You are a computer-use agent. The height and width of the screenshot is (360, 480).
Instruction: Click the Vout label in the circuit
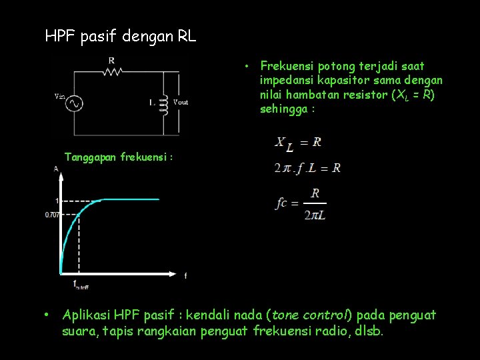[x=180, y=102]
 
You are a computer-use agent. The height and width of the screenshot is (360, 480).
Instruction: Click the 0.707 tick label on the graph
[x=51, y=215]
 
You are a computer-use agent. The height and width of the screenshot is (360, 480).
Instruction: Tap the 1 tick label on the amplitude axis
[x=57, y=199]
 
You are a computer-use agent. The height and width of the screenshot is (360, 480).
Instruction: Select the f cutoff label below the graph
[x=80, y=285]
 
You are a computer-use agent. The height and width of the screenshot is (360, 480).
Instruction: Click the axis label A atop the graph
[x=55, y=169]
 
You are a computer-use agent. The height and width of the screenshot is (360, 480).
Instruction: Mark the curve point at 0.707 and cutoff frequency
[x=79, y=214]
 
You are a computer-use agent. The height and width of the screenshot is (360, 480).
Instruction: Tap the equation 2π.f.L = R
[x=307, y=168]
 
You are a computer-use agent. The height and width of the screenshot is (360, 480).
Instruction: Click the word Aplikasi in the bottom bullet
[x=86, y=315]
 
